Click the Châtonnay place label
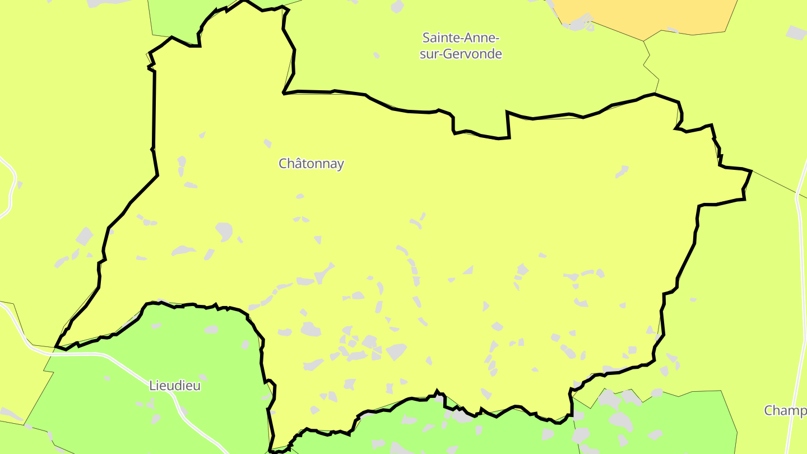(x=311, y=164)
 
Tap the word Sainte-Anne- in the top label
(x=460, y=38)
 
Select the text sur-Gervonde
(x=461, y=54)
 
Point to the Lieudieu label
(x=175, y=386)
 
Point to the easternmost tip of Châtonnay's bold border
(x=750, y=171)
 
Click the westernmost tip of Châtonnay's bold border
(x=55, y=347)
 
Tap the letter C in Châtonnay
(x=283, y=164)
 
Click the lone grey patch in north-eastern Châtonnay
(x=622, y=171)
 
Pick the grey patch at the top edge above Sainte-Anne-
(x=397, y=7)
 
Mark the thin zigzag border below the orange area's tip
(x=650, y=62)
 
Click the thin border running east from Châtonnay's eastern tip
(x=779, y=184)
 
